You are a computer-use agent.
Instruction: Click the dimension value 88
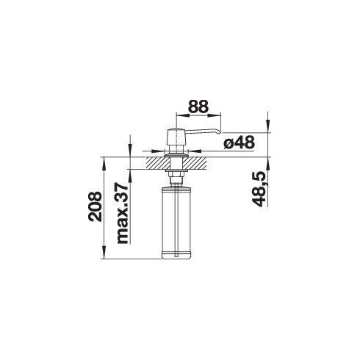(x=198, y=107)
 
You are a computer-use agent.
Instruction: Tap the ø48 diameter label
(x=239, y=143)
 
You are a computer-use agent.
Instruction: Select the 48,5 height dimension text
(x=259, y=189)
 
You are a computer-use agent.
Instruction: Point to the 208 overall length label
(x=95, y=206)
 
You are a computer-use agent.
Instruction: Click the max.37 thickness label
(x=123, y=213)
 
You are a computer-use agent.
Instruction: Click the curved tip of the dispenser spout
(x=219, y=132)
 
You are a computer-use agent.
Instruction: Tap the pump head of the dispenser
(x=176, y=137)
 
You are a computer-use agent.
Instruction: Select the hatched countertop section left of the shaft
(x=158, y=163)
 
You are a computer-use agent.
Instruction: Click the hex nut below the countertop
(x=176, y=174)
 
